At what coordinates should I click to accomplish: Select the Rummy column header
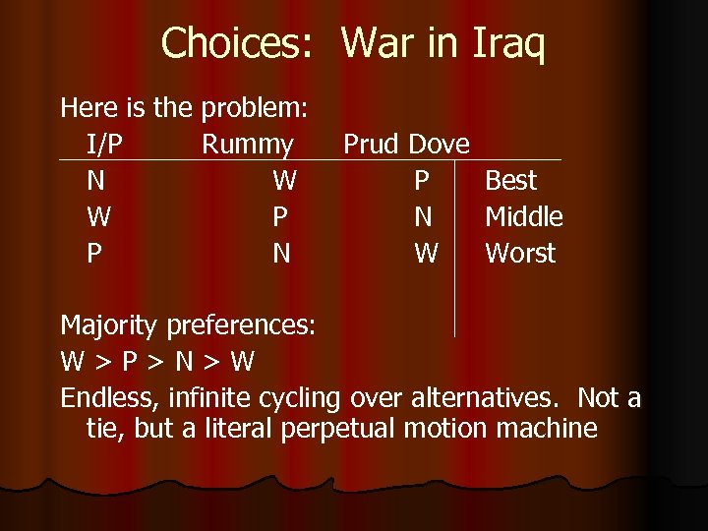pyautogui.click(x=247, y=145)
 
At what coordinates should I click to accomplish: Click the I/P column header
pyautogui.click(x=105, y=145)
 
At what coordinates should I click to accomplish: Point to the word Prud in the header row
pyautogui.click(x=371, y=145)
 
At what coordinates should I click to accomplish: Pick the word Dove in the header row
pyautogui.click(x=439, y=145)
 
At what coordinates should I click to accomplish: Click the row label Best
pyautogui.click(x=510, y=181)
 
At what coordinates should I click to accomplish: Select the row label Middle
pyautogui.click(x=523, y=217)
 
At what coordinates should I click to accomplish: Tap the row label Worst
pyautogui.click(x=520, y=254)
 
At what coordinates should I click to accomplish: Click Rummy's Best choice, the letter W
pyautogui.click(x=284, y=181)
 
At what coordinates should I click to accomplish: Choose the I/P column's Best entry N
pyautogui.click(x=95, y=181)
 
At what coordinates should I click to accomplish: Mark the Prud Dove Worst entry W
pyautogui.click(x=426, y=254)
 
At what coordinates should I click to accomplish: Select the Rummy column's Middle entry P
pyautogui.click(x=280, y=217)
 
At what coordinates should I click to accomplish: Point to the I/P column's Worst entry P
pyautogui.click(x=94, y=254)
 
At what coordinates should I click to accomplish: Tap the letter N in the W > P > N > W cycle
pyautogui.click(x=184, y=362)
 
